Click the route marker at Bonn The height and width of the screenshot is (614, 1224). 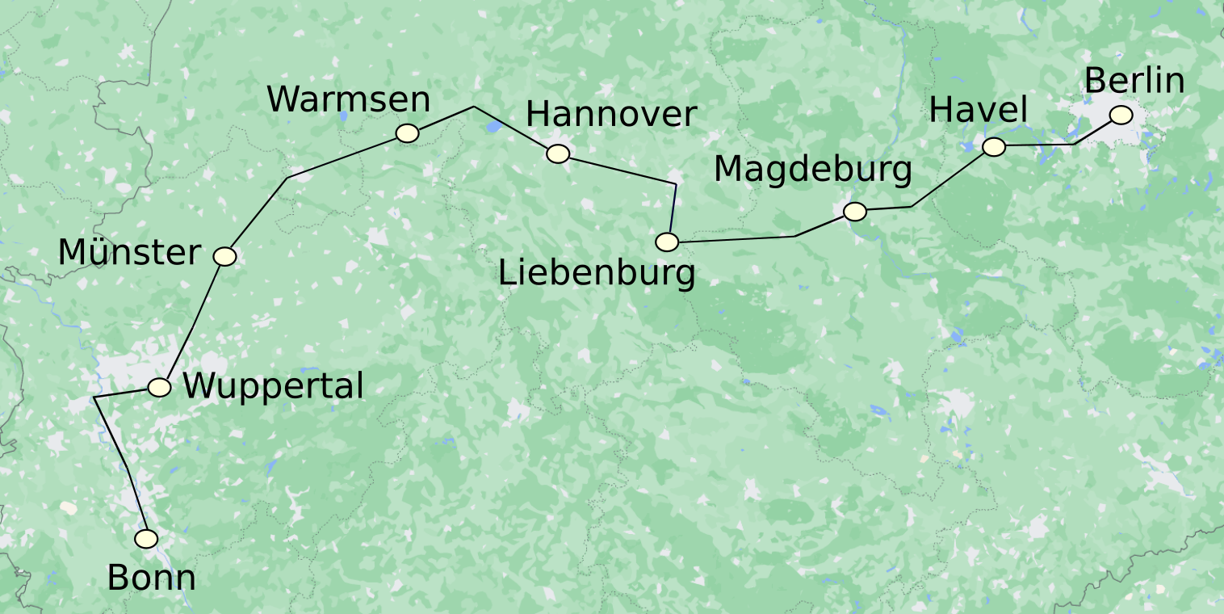[146, 539]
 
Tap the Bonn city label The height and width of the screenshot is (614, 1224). [151, 578]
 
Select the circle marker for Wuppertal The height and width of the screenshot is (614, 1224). [159, 387]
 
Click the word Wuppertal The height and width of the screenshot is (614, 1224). [273, 387]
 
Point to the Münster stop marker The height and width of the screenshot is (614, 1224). [224, 256]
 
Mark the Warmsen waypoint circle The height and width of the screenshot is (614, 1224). [407, 133]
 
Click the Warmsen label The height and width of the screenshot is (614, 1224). [349, 100]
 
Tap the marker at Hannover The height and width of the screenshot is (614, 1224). [558, 153]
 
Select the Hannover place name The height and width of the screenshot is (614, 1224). [611, 115]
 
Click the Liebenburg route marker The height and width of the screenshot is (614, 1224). [667, 242]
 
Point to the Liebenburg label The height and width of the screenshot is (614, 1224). [597, 274]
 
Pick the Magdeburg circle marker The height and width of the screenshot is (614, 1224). [855, 212]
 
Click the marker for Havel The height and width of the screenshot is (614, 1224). [994, 146]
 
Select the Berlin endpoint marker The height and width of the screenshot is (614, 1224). [1121, 116]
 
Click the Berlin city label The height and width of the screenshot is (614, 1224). [1134, 82]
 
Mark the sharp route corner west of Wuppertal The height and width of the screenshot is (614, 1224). [95, 397]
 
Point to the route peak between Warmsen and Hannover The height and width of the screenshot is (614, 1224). [474, 107]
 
